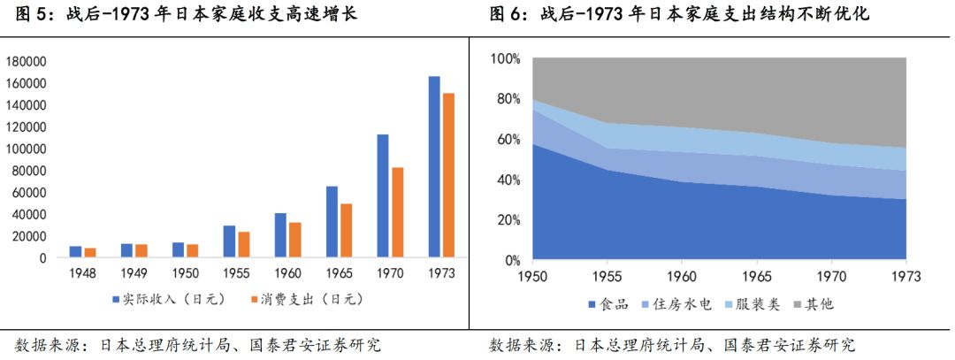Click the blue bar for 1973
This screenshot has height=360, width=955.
tap(434, 167)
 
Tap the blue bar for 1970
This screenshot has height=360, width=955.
tap(383, 195)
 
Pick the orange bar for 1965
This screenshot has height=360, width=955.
tap(346, 230)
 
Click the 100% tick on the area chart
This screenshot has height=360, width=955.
tap(507, 58)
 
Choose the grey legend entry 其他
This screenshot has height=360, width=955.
tap(820, 304)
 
